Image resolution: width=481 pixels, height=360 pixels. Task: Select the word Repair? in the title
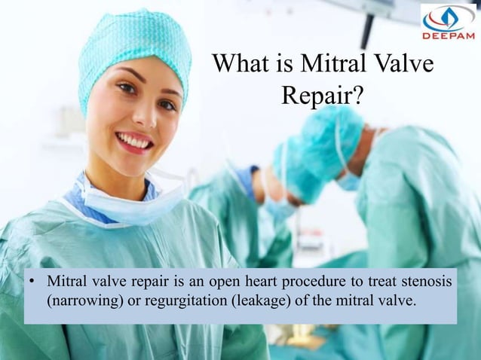tap(323, 96)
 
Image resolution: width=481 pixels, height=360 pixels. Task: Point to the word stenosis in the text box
tap(425, 282)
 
